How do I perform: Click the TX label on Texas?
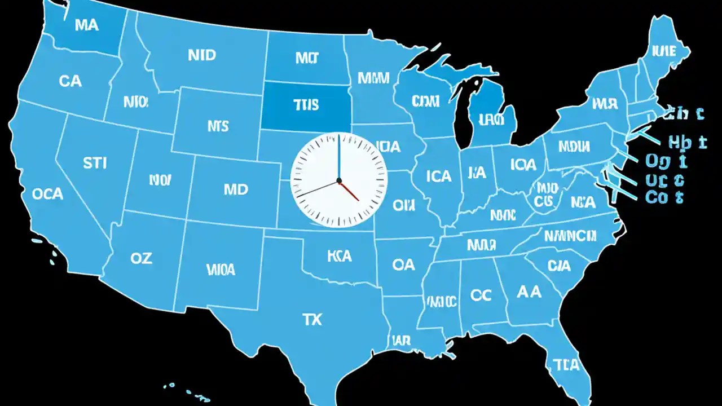click(x=312, y=320)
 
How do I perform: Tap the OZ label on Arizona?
click(x=141, y=258)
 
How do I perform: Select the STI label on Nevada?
click(x=94, y=164)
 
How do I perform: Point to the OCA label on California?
click(x=47, y=194)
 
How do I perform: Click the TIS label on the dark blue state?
click(x=306, y=105)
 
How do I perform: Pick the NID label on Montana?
click(x=201, y=55)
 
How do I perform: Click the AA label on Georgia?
click(x=529, y=292)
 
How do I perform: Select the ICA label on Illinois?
click(x=439, y=176)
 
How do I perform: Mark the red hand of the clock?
click(x=349, y=191)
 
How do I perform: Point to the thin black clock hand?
click(x=316, y=189)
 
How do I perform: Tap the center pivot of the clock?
click(x=339, y=180)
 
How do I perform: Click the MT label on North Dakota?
click(x=306, y=58)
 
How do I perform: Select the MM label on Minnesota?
click(x=373, y=78)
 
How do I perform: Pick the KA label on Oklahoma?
click(x=339, y=256)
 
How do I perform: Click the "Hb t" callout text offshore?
click(x=686, y=143)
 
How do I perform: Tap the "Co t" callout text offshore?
click(x=664, y=197)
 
